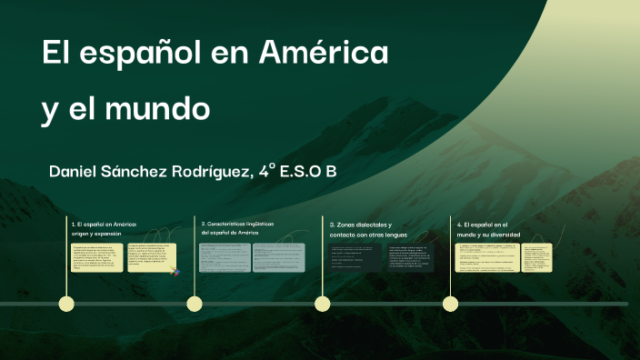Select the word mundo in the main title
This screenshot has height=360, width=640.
pos(166,110)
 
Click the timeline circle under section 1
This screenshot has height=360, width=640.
pos(65,304)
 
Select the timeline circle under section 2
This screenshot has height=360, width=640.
pos(194,304)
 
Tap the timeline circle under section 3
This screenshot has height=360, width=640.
pos(322,304)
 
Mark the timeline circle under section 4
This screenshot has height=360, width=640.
pos(450,304)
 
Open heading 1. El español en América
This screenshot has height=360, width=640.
pos(104,227)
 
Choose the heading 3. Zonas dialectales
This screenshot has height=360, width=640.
pos(361,228)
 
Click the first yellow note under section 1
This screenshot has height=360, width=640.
pos(96,256)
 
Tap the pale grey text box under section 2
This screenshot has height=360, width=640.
pos(248,256)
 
